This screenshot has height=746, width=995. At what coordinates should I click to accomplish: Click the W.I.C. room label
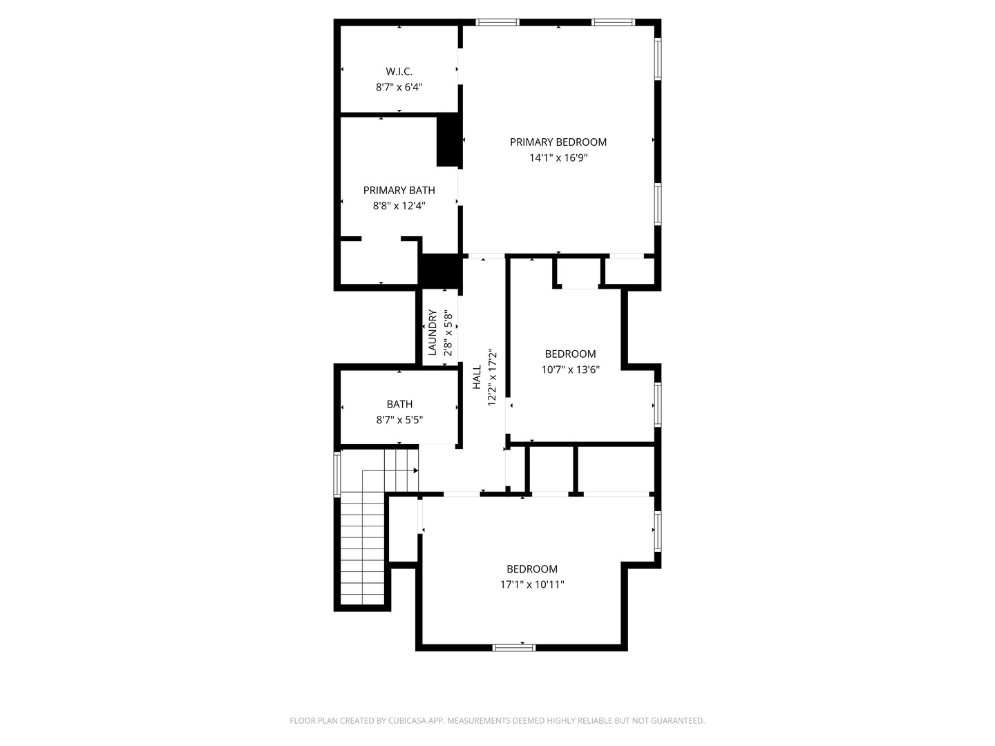(399, 71)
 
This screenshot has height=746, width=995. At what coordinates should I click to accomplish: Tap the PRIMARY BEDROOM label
(558, 142)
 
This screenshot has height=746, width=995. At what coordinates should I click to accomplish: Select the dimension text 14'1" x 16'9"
(558, 157)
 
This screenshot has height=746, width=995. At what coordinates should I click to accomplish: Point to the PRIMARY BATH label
(399, 190)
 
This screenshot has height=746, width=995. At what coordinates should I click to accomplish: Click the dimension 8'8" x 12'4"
(399, 205)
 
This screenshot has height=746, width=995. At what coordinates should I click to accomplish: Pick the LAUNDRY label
(433, 332)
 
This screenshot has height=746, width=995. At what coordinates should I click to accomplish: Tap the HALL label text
(477, 377)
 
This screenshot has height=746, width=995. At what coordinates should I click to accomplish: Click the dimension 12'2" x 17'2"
(493, 377)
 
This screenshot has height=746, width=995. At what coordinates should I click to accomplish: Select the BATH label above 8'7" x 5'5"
(399, 404)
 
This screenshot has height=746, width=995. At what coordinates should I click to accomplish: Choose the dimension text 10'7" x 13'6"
(570, 370)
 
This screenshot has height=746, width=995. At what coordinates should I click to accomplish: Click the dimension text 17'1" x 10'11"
(532, 584)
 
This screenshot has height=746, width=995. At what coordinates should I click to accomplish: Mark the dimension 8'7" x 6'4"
(399, 87)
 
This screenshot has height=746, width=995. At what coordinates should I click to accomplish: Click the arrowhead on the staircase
(415, 470)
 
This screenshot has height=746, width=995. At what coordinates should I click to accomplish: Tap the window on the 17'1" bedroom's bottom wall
(514, 647)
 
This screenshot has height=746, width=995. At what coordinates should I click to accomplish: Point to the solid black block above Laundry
(440, 271)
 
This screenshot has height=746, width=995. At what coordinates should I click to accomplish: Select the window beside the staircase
(337, 474)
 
